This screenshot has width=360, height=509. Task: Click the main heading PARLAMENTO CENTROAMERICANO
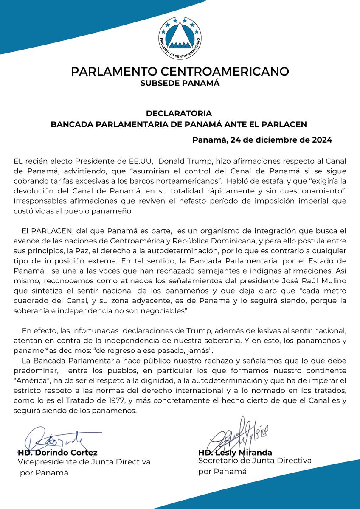tap(180, 71)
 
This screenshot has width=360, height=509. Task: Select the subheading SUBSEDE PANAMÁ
tap(180, 83)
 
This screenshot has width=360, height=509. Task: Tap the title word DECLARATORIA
tap(179, 114)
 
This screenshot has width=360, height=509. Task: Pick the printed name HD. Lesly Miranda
tap(235, 452)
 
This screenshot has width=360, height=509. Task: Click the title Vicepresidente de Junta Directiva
tap(84, 462)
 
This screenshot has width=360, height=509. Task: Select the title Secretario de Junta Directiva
tap(255, 461)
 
